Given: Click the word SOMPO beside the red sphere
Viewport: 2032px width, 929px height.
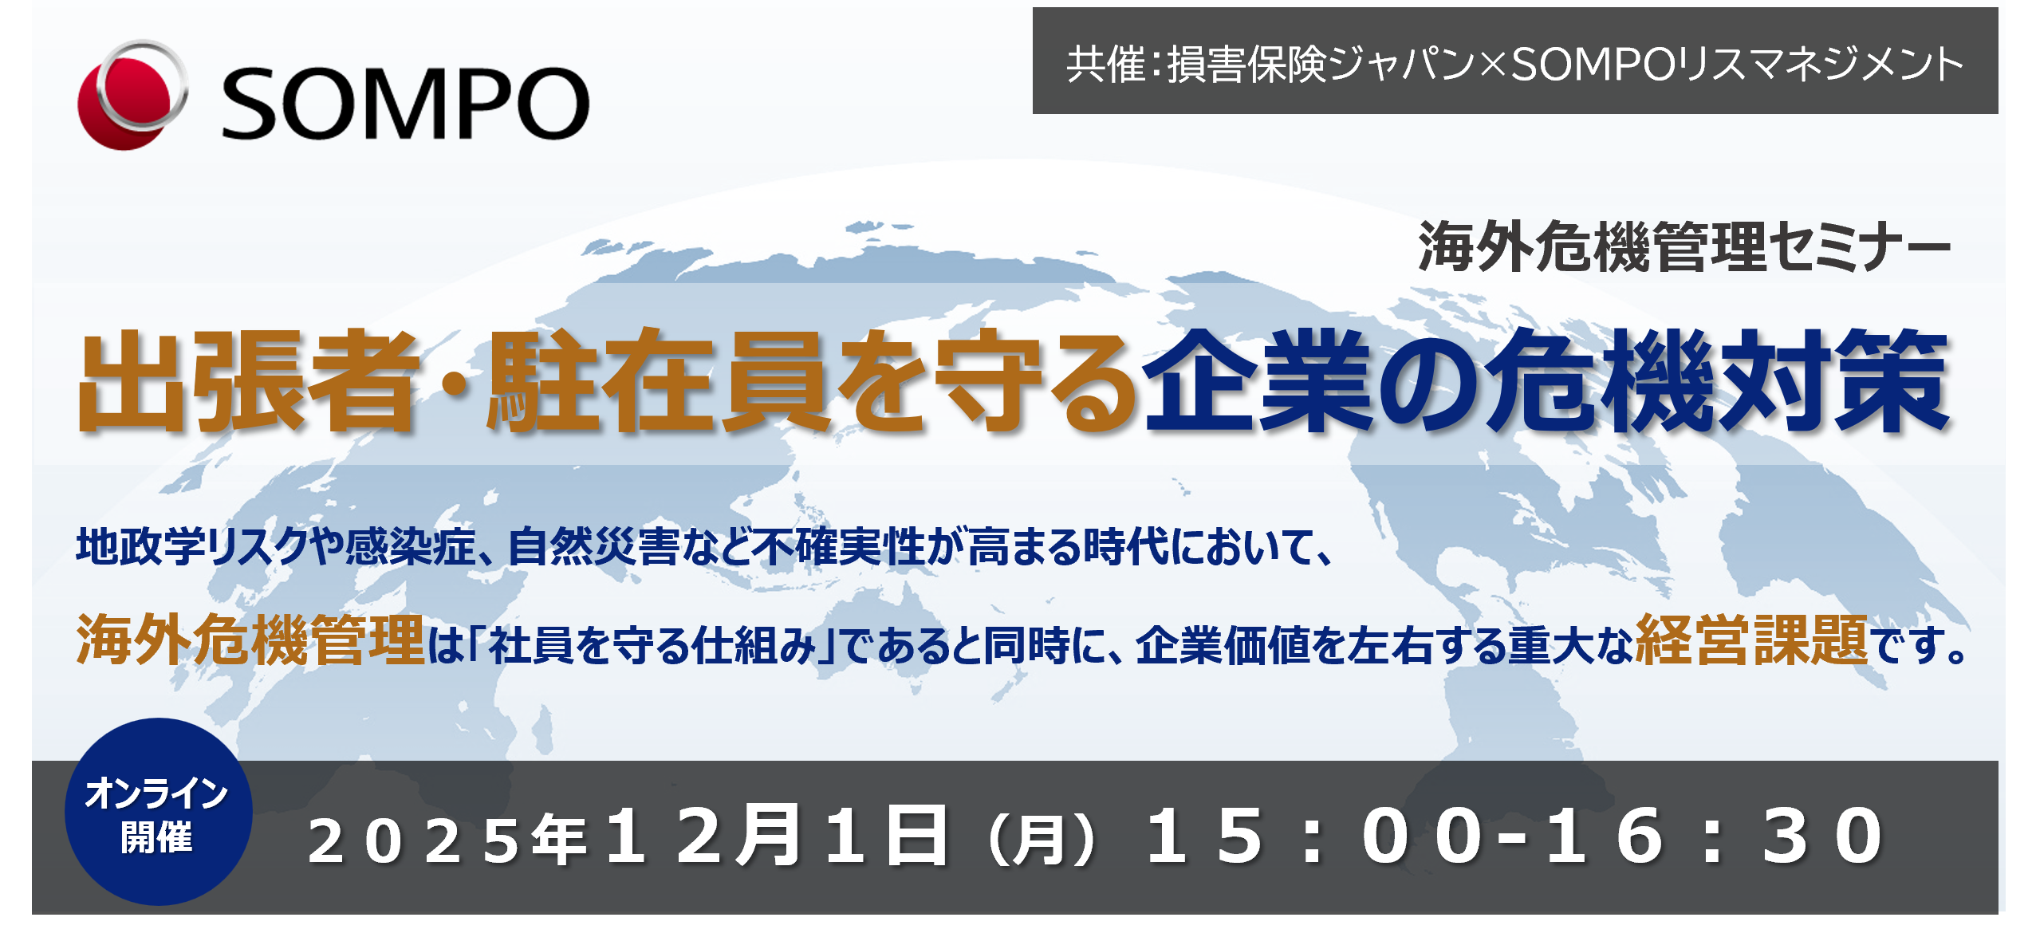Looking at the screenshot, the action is coord(405,103).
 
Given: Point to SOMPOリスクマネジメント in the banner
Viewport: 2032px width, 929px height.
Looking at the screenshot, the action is coord(1737,64).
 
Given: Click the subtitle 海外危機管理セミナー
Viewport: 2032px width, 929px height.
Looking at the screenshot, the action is coord(1684,246).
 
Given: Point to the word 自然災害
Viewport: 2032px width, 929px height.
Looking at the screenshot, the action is coord(593,547).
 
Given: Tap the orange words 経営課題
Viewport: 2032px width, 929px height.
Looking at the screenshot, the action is coord(1752,640).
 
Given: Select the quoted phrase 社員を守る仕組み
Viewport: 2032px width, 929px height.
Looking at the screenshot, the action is coord(653,645).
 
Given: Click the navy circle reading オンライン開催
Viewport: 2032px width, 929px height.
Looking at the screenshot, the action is coord(158,812).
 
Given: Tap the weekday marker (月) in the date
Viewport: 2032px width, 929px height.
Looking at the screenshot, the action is coord(1042,839).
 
